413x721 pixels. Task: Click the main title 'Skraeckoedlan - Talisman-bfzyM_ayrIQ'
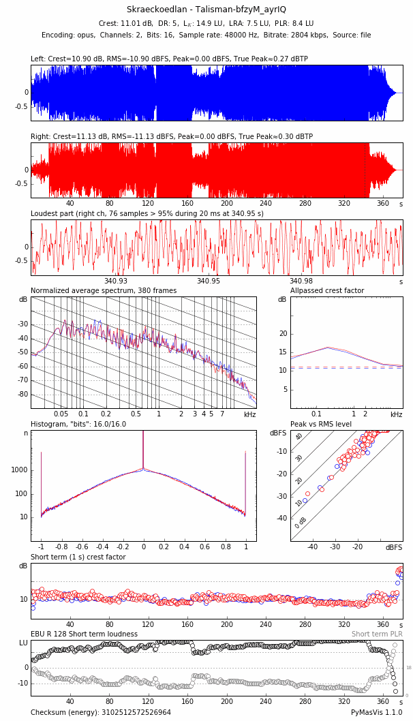click(x=206, y=10)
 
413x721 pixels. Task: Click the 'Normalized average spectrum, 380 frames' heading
click(x=104, y=291)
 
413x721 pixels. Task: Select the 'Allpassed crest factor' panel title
click(x=327, y=291)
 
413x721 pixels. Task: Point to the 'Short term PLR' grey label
click(x=377, y=634)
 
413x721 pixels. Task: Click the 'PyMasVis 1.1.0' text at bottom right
click(x=377, y=713)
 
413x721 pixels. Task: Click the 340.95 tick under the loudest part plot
click(x=209, y=281)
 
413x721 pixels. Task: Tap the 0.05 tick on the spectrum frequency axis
click(x=61, y=414)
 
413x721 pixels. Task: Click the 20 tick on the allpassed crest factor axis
click(x=284, y=334)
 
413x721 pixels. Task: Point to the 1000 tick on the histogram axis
click(x=19, y=470)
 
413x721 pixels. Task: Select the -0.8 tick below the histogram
click(x=61, y=547)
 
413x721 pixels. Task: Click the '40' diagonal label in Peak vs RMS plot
click(x=299, y=437)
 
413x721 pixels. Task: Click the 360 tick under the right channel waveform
click(x=383, y=204)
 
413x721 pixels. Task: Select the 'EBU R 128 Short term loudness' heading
click(x=84, y=634)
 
